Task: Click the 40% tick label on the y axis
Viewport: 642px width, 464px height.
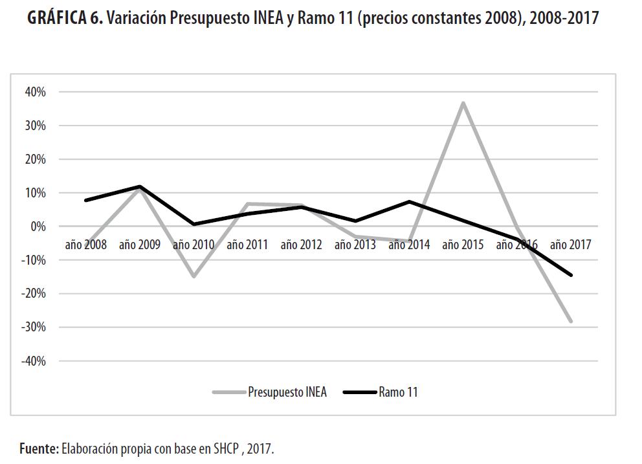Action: click(x=36, y=92)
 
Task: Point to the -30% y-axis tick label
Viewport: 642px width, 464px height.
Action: click(x=34, y=327)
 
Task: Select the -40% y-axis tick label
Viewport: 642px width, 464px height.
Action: click(x=34, y=361)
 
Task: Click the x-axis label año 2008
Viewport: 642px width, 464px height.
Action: click(x=86, y=245)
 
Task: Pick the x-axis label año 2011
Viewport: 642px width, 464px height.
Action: click(x=247, y=245)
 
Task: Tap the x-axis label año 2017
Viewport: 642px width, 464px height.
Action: click(x=570, y=245)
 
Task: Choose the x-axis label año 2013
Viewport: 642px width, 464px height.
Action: click(x=355, y=245)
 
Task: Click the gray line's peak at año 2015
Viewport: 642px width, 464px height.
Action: click(x=463, y=103)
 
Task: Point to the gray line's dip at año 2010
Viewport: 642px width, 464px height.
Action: click(x=194, y=276)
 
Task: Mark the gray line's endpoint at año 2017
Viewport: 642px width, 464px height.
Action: click(x=571, y=321)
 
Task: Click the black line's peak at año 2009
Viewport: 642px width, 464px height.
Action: click(x=140, y=186)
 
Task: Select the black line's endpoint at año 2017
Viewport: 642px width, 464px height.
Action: click(x=571, y=275)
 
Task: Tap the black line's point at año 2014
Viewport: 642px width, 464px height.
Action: click(x=409, y=201)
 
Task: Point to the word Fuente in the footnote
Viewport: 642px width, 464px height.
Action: click(x=39, y=448)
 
